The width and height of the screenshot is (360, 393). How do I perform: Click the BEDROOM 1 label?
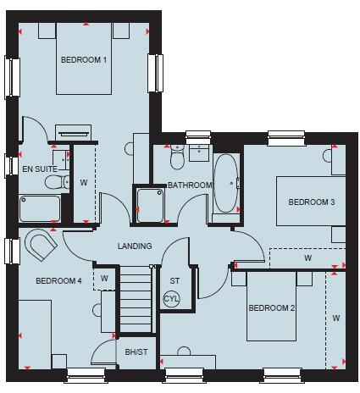83,60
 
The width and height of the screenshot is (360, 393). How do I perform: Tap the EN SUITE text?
39,169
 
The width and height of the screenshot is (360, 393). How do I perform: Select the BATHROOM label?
189,185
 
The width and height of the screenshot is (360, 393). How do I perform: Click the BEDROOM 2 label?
271,307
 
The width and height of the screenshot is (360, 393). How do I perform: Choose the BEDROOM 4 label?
58,281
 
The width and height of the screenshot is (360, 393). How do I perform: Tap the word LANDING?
135,246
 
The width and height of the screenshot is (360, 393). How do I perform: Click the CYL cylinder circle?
172,299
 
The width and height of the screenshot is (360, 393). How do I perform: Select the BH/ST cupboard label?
136,351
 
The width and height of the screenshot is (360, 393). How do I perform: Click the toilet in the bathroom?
177,158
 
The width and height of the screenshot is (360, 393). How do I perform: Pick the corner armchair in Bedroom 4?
40,246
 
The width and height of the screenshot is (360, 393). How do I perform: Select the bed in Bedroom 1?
84,64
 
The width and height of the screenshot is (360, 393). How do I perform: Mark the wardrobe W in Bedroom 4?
104,277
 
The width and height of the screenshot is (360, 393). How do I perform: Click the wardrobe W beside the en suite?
84,181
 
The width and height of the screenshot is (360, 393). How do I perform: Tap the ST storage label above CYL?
175,280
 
